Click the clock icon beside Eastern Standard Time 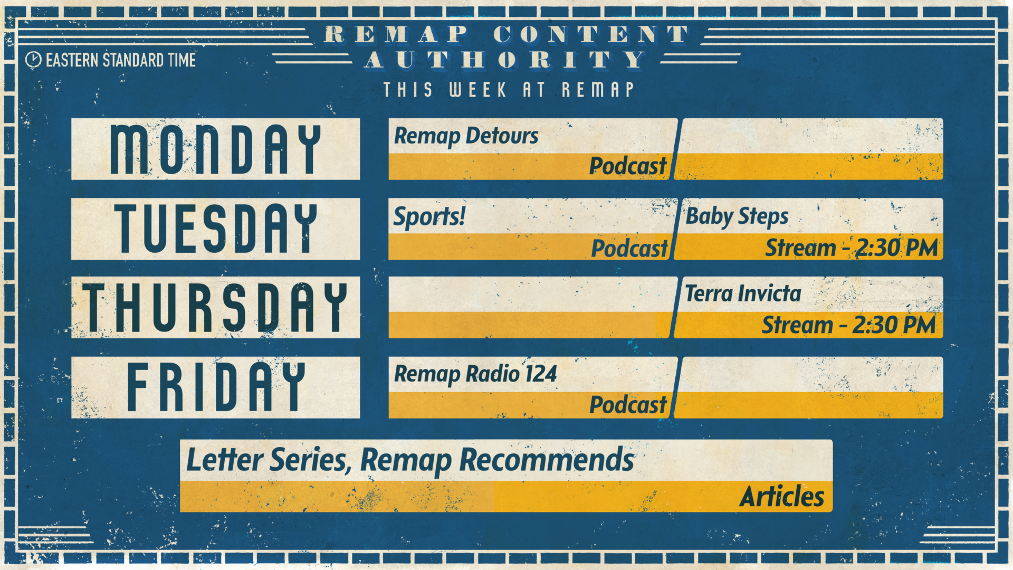pos(33,60)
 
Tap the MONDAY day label pos(215,149)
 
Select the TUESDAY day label pos(215,229)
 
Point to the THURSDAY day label pos(215,308)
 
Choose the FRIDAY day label pos(215,387)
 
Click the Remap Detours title pos(466,136)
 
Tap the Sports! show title pos(429,216)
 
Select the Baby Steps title pos(737,216)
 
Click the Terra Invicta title pos(743,293)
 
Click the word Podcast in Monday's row pos(628,166)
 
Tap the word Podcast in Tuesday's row pos(629,249)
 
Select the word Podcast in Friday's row pos(628,405)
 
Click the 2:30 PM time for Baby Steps pos(896,248)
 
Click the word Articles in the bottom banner pos(781,497)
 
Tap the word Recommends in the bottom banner pos(547,460)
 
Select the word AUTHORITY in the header pos(505,60)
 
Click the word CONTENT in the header pos(591,35)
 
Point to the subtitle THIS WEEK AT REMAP pos(509,90)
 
